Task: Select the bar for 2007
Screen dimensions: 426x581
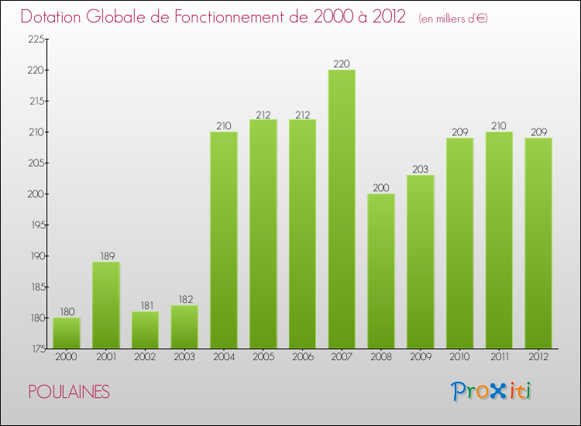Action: tap(342, 209)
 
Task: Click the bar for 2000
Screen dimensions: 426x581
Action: tap(67, 333)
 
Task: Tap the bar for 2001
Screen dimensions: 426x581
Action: tap(106, 305)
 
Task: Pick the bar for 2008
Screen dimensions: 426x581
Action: tap(381, 271)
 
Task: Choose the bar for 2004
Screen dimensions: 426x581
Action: tap(224, 240)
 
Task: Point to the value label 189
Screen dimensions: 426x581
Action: tap(106, 256)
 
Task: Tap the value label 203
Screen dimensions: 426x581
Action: tap(421, 170)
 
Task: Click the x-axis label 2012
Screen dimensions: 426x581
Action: tap(538, 358)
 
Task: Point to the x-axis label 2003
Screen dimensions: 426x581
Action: tap(184, 358)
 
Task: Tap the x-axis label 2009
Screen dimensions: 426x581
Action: tap(421, 358)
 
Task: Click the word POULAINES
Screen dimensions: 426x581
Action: tap(69, 392)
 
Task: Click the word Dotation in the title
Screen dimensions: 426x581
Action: tap(55, 17)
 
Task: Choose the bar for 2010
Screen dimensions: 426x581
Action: tap(459, 243)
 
